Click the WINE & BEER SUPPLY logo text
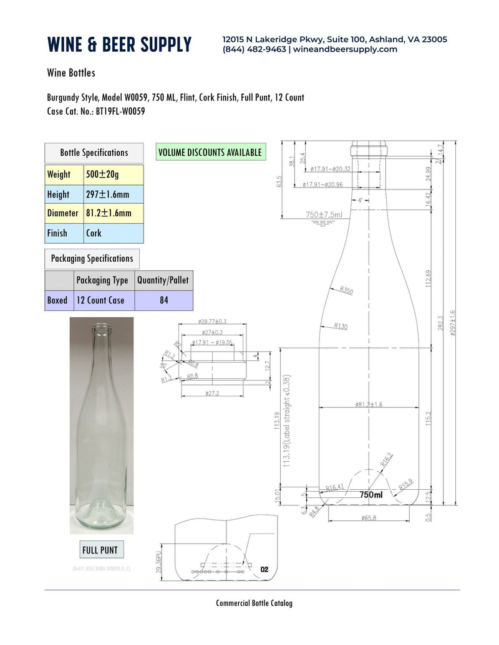[x=119, y=44]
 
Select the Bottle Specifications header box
[x=94, y=153]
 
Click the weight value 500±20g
[x=114, y=174]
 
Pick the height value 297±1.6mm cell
[x=114, y=194]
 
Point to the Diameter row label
[x=63, y=213]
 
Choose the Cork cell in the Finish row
[x=114, y=233]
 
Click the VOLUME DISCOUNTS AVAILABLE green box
[x=210, y=152]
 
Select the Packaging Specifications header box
[x=92, y=259]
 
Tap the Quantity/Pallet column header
[x=163, y=280]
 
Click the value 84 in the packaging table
[x=163, y=300]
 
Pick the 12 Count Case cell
[x=100, y=300]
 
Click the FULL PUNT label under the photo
[x=100, y=550]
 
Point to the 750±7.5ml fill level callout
[x=324, y=214]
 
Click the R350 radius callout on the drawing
[x=347, y=291]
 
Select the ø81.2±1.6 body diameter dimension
[x=369, y=404]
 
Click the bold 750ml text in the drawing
[x=371, y=494]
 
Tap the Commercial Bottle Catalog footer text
[x=254, y=603]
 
